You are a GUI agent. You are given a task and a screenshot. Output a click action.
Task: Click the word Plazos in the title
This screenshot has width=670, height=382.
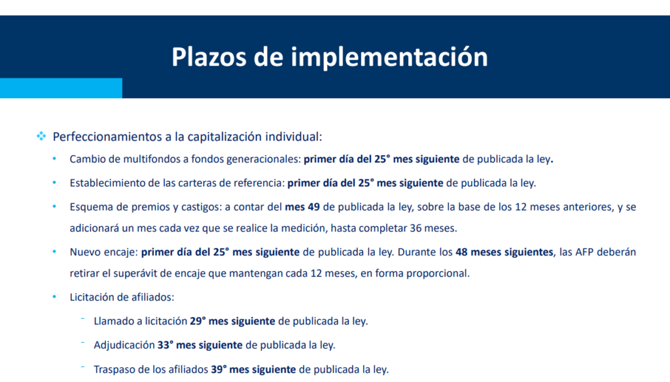tap(209, 57)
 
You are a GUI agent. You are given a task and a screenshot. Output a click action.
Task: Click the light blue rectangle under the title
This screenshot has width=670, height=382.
tap(61, 88)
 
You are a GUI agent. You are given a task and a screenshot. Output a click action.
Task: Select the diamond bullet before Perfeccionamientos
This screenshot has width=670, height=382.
tap(41, 136)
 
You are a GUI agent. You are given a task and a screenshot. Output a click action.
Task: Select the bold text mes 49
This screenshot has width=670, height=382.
tap(302, 207)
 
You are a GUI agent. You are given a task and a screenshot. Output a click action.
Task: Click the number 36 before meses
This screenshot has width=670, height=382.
tap(415, 228)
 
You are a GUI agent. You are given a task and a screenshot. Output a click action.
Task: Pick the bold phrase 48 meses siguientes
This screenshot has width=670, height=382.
tap(504, 252)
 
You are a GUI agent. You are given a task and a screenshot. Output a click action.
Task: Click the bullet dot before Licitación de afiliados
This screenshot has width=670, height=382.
tap(54, 296)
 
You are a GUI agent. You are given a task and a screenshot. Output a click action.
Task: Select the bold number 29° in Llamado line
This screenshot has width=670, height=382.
tap(198, 321)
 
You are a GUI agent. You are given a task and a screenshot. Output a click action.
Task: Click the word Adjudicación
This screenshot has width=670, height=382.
tap(124, 345)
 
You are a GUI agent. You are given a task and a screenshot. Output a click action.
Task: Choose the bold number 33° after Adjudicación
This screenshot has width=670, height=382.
tap(166, 345)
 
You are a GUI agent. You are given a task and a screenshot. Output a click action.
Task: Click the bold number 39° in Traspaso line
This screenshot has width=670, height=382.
tap(219, 369)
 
